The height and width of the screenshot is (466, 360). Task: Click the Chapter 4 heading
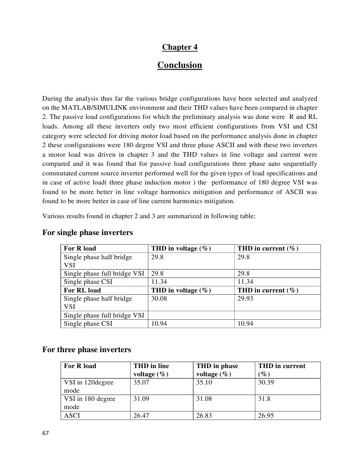180,47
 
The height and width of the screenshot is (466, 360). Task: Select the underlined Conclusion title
180,65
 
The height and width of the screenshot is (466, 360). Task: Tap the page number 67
46,433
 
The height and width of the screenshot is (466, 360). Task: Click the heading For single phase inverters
87,232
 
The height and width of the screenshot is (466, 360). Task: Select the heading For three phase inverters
86,349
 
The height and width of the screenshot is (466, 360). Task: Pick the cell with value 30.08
159,298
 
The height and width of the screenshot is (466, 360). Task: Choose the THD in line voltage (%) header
151,370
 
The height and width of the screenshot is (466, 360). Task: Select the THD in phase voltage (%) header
217,370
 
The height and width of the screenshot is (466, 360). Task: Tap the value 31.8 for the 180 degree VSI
264,399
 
